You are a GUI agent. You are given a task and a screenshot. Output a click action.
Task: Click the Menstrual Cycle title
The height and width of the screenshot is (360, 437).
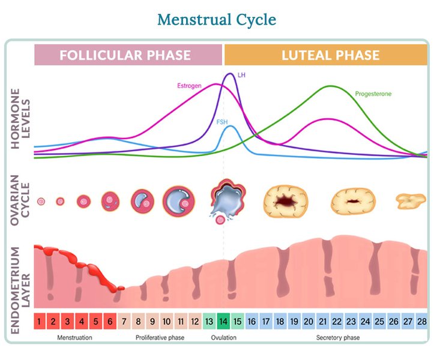217,19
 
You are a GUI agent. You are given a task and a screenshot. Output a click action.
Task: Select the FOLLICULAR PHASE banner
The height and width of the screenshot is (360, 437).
128,55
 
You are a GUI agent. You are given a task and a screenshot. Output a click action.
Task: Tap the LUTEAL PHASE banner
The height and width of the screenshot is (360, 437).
330,55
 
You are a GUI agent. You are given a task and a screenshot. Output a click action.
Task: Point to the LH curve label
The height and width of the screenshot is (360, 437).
242,75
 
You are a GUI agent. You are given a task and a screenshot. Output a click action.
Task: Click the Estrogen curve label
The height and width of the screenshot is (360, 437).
190,86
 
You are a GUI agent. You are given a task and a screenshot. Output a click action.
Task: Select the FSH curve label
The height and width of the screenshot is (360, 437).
222,122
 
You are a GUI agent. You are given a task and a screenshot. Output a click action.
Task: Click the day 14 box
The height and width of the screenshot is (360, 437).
224,321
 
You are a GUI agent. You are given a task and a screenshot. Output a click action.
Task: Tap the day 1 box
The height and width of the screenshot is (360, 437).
39,321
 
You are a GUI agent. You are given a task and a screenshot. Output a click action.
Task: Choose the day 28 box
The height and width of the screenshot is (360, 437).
422,321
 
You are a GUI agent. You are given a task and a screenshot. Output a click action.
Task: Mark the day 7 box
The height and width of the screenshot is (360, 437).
124,321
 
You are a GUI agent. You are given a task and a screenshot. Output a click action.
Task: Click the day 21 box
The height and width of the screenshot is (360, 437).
323,321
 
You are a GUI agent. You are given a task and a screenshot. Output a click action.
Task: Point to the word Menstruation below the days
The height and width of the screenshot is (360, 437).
74,338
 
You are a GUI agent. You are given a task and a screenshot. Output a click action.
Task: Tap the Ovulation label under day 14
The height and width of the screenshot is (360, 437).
223,338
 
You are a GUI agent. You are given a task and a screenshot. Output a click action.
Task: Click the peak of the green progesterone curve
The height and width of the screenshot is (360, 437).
331,86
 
